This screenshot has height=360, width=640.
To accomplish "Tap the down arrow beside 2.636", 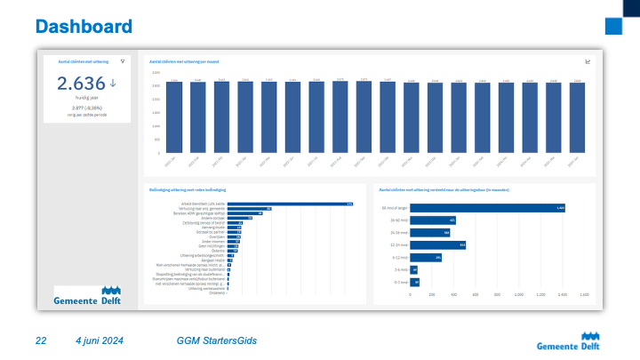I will click(x=113, y=84).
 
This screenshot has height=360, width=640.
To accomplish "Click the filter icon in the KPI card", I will click(x=123, y=61).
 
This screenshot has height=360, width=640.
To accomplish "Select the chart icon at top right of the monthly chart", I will click(x=588, y=61).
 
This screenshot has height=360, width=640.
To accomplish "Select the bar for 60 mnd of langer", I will click(x=488, y=207).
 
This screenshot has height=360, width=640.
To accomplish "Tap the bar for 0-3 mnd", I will click(x=414, y=282).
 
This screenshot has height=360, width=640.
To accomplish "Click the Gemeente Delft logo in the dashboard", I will click(x=87, y=296).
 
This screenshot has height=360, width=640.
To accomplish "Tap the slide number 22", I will click(x=41, y=341).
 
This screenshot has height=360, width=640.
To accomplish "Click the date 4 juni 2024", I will click(x=99, y=341).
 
